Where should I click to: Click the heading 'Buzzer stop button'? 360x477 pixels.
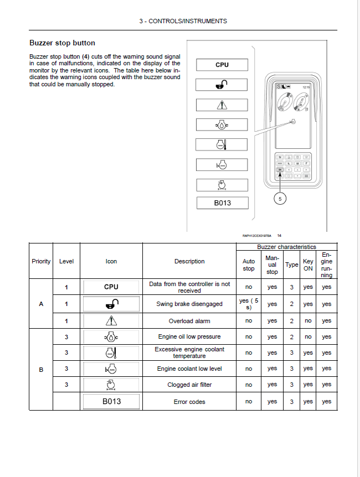(x=62, y=43)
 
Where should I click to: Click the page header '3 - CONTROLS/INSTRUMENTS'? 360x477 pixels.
(x=183, y=21)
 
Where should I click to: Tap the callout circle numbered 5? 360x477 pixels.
(x=280, y=199)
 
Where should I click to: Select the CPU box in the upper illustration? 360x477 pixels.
(x=222, y=65)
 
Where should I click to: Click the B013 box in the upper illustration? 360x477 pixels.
(x=222, y=203)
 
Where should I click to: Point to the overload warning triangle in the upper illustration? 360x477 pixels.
(x=222, y=105)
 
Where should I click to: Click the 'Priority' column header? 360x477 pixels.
(x=41, y=261)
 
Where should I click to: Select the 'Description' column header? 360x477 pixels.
(x=189, y=261)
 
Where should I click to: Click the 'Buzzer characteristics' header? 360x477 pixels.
(x=286, y=247)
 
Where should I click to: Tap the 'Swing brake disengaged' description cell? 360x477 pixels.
(x=189, y=304)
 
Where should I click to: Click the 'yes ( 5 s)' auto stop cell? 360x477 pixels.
(x=249, y=304)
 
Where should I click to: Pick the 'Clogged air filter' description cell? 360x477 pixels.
(x=189, y=385)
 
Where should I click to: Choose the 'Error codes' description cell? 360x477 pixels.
(x=189, y=402)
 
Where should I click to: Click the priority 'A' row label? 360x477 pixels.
(x=41, y=304)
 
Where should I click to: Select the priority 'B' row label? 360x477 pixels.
(x=41, y=369)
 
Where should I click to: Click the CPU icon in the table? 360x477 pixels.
(x=111, y=287)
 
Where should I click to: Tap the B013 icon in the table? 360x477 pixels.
(x=111, y=402)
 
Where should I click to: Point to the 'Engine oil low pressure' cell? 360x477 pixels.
(x=189, y=336)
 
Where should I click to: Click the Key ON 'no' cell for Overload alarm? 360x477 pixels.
(x=308, y=320)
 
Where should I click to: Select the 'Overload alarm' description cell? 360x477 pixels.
(x=189, y=320)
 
